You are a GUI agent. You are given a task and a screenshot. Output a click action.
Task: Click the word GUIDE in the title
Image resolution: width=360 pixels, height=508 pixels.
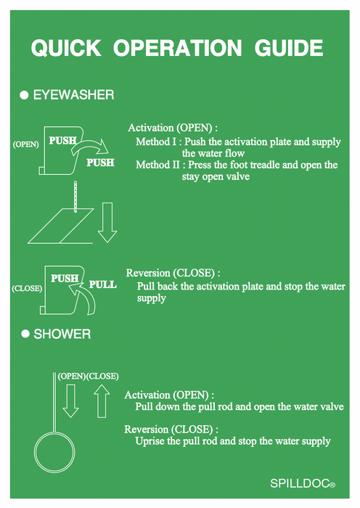289,49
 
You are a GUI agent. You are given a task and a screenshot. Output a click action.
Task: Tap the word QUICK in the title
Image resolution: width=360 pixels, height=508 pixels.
66,49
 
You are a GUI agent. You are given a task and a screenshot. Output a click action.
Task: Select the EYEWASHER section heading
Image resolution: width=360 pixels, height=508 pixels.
73,95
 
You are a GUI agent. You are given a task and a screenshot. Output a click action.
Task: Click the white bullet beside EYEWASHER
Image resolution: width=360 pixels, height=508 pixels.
24,95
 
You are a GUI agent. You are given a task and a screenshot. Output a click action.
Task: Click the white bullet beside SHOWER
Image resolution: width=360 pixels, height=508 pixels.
25,334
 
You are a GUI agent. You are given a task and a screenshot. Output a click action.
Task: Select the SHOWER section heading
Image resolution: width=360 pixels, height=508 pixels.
62,334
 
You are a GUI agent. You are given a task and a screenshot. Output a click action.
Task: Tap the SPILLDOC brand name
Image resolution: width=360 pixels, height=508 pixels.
300,483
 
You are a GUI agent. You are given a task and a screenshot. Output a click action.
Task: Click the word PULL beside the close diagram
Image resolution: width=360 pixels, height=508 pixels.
103,284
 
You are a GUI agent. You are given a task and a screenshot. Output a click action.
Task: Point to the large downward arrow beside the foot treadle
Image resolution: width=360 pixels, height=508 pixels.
107,223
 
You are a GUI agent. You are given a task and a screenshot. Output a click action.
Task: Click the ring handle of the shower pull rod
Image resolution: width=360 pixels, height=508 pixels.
35,452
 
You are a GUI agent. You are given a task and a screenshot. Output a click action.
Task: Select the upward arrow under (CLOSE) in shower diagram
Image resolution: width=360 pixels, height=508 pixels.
102,401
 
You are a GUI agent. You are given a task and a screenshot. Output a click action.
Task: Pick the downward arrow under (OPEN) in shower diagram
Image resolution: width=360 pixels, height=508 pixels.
70,401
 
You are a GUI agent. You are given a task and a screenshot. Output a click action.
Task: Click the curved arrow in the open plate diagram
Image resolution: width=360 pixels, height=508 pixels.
89,144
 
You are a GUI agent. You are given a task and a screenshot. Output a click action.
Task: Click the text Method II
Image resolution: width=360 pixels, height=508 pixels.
157,165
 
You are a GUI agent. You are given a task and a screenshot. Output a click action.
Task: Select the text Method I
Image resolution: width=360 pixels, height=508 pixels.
156,142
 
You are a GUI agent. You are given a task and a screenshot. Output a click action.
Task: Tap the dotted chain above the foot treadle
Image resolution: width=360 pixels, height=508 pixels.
75,197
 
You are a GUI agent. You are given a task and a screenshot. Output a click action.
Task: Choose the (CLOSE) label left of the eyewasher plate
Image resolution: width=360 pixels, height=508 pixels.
27,288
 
